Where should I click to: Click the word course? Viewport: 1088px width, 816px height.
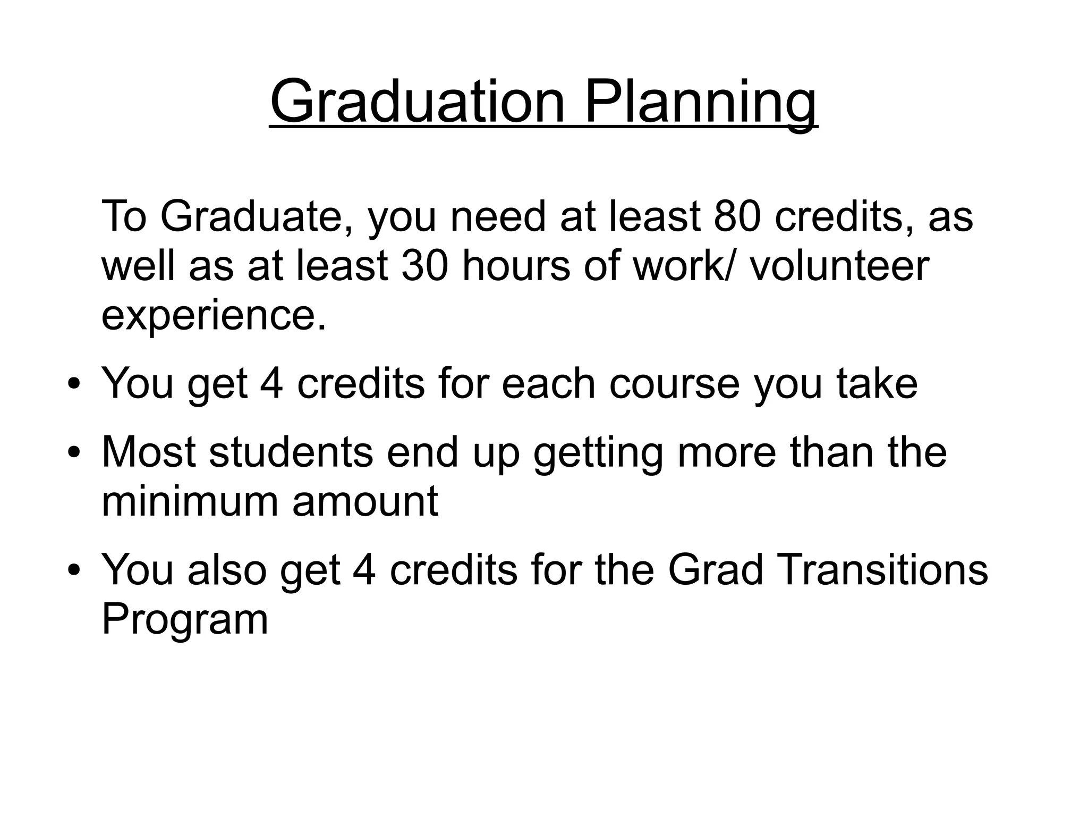click(674, 384)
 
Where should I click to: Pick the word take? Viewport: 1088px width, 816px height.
click(877, 384)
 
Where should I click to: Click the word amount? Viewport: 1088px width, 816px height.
click(365, 501)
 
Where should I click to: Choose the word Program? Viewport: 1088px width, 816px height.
click(184, 619)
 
